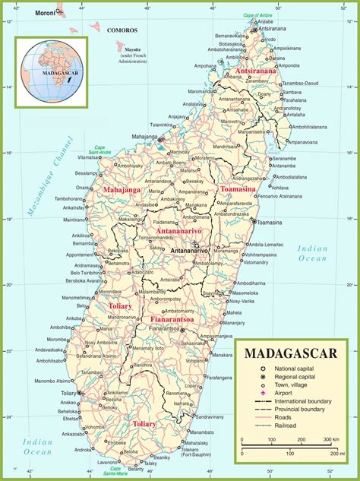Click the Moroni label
tap(45, 13)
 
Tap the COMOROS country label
tap(122, 30)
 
